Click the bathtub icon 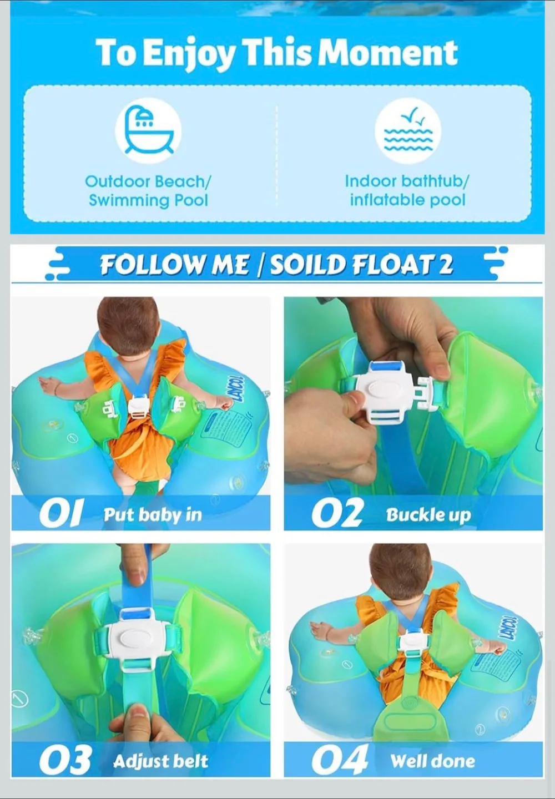point(148,130)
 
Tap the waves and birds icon point(407,130)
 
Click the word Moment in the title point(388,53)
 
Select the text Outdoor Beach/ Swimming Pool point(148,191)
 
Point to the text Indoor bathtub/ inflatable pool point(407,191)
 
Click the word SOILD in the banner point(307,265)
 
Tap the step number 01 point(61,514)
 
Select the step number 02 point(337,514)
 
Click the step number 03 point(65,760)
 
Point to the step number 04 point(340,760)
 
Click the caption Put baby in point(153,515)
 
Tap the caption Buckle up point(428,515)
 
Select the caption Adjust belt point(160,761)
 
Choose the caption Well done point(432,761)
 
